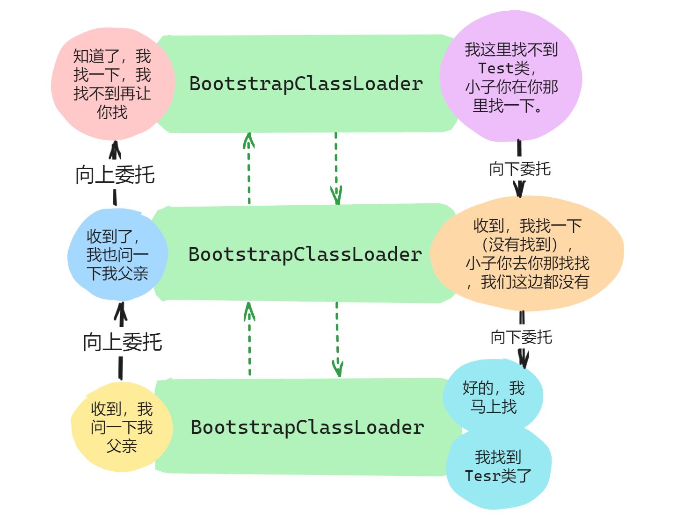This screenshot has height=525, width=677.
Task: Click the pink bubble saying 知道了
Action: (x=112, y=84)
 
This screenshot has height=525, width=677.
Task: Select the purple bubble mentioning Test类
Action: (x=511, y=77)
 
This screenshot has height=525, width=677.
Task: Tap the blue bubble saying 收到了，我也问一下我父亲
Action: (x=117, y=255)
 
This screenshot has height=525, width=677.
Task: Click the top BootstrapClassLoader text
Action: (x=306, y=84)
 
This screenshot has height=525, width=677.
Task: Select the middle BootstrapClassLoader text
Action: (x=305, y=254)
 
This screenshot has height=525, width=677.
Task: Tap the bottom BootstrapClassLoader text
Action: (x=307, y=427)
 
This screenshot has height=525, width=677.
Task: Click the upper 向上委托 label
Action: (x=115, y=175)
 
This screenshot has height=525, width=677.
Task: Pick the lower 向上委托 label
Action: (x=123, y=342)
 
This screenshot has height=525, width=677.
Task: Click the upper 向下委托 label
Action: (x=520, y=169)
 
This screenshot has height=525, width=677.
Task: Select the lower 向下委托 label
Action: (x=521, y=337)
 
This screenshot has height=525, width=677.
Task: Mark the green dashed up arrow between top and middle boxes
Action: (x=249, y=168)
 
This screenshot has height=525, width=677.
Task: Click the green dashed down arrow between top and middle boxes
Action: (x=336, y=168)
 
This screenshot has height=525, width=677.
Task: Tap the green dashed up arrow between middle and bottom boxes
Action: (x=249, y=339)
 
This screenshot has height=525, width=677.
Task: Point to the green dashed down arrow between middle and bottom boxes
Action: (x=337, y=339)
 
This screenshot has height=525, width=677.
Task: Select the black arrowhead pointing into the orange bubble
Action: (x=519, y=189)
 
